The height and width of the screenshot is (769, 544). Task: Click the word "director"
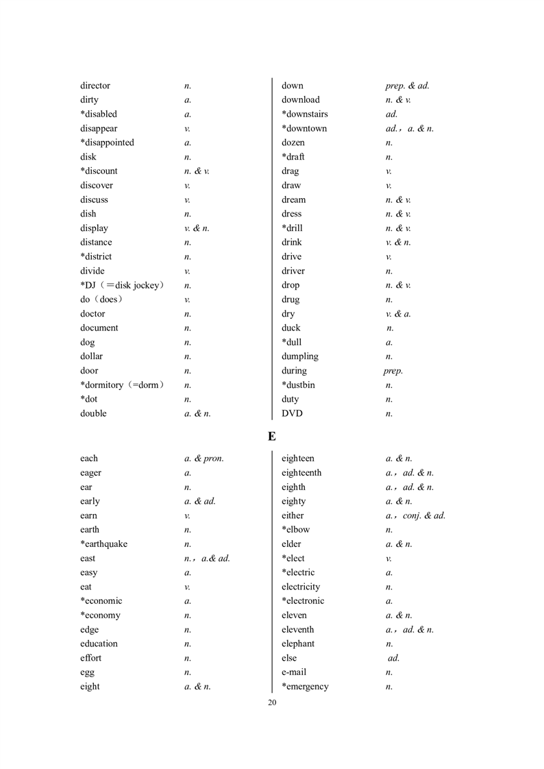95,86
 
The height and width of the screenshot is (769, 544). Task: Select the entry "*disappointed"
107,143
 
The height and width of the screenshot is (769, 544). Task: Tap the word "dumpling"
300,356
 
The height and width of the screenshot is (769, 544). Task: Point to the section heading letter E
272,436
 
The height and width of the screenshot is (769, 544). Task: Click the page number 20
272,703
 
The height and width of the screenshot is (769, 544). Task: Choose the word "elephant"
298,644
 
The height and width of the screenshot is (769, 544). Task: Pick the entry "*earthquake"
103,544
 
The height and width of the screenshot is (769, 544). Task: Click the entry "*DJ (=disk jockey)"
122,285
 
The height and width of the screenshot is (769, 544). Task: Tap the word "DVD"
292,413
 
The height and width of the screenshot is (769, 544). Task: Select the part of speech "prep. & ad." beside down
407,86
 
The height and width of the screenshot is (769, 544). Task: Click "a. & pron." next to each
204,459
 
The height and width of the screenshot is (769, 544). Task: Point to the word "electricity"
301,587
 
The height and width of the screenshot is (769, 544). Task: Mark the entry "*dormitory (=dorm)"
122,385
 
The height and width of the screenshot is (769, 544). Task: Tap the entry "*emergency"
305,687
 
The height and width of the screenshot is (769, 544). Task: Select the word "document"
99,328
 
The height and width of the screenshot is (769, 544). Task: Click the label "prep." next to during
393,371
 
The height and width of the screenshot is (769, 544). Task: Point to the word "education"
99,644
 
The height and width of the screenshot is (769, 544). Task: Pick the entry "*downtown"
304,128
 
